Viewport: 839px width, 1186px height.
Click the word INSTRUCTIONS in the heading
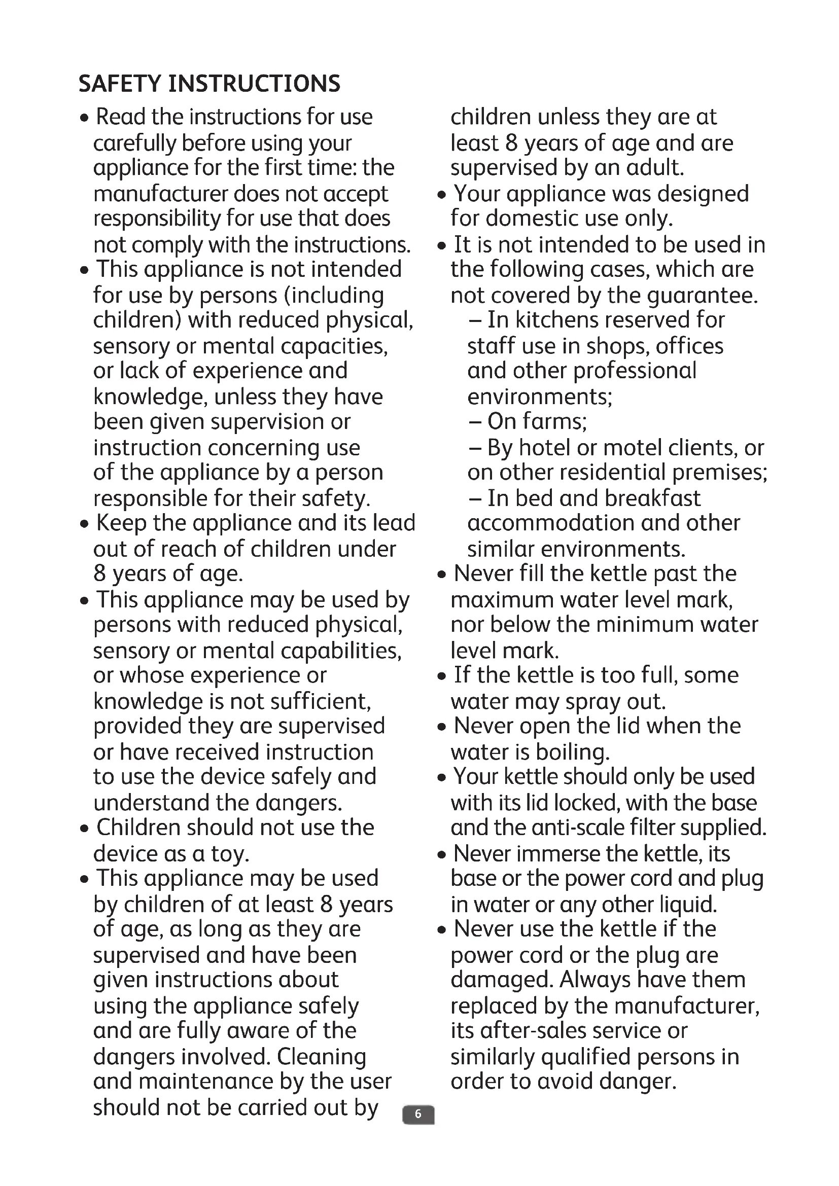click(254, 84)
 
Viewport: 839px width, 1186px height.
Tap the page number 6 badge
click(418, 1114)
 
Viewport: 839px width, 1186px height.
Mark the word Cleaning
click(321, 1057)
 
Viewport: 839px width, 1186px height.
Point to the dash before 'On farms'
click(475, 421)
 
